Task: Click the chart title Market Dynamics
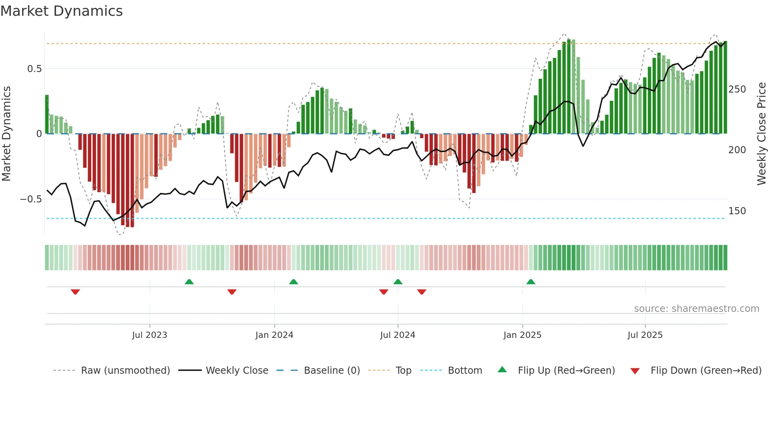tap(61, 11)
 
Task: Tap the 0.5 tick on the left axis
tap(34, 69)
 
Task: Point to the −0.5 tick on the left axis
tap(31, 199)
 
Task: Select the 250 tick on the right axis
tap(737, 89)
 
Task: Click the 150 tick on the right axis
tap(737, 211)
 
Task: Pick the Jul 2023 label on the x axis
tap(149, 335)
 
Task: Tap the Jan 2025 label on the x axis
tap(522, 335)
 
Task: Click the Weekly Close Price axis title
tap(762, 134)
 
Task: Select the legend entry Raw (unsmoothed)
tap(125, 371)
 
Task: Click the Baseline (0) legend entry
tap(332, 371)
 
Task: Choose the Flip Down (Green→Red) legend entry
tap(706, 371)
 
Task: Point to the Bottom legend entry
tap(465, 371)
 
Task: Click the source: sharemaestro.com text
tap(696, 309)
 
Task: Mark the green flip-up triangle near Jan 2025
tap(531, 282)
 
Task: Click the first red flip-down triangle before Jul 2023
tap(75, 291)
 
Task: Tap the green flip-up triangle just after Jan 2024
tap(293, 282)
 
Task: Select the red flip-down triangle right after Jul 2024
tap(422, 291)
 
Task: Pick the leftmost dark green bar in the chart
tap(47, 114)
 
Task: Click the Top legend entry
tap(403, 371)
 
